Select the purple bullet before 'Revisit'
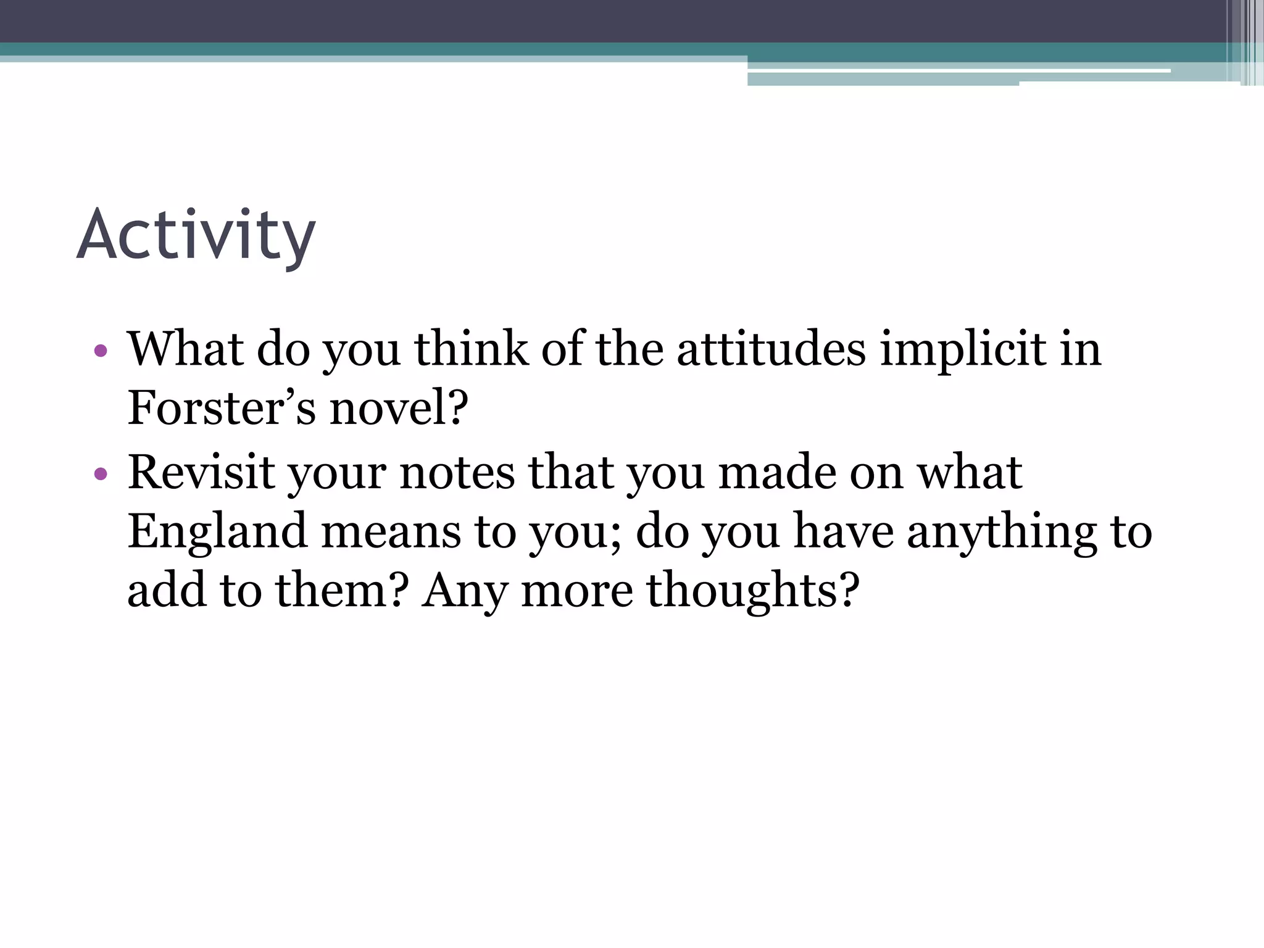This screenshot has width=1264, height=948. tap(101, 475)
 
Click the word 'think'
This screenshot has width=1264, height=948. tap(471, 349)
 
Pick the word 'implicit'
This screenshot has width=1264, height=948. tap(963, 349)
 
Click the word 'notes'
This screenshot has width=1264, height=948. tap(457, 473)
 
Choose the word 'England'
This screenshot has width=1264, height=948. tap(217, 531)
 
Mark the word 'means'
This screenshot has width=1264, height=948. tap(391, 531)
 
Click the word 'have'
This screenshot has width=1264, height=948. tap(843, 531)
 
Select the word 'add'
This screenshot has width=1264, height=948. tap(166, 590)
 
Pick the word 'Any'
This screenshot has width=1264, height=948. tap(464, 590)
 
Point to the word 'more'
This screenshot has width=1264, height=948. tap(577, 590)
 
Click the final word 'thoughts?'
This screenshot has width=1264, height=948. tap(752, 590)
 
